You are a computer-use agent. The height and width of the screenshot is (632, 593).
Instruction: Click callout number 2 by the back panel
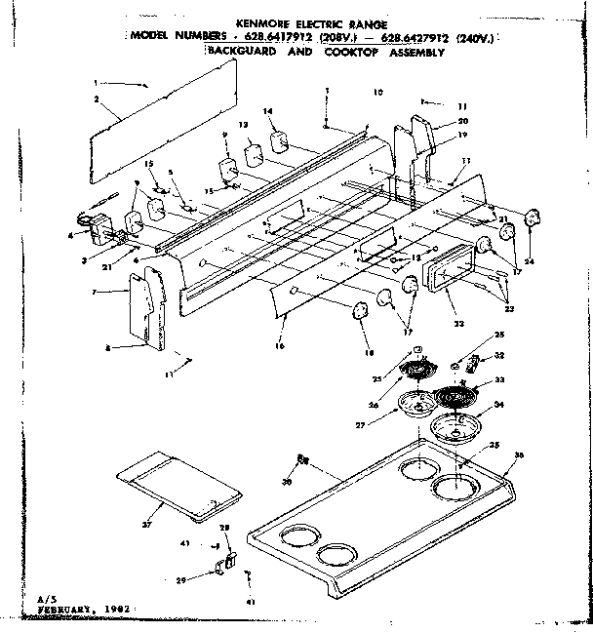[x=98, y=100]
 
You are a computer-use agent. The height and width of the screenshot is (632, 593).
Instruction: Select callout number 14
[x=267, y=112]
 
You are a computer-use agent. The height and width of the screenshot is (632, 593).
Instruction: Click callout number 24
[x=530, y=261]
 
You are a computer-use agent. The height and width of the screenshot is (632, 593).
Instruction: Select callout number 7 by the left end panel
[x=117, y=293]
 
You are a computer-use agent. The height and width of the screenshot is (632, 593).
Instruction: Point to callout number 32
[x=499, y=355]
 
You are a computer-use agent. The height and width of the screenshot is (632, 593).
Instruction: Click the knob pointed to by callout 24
[x=532, y=217]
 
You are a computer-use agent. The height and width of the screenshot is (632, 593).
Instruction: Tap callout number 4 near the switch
[x=71, y=235]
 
